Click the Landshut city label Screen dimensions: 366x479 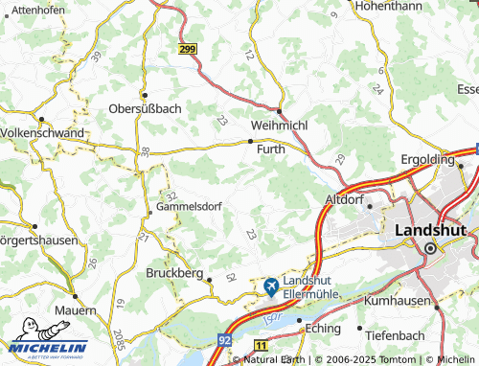(x=430, y=232)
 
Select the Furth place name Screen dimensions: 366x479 (x=270, y=149)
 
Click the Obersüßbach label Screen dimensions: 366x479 (x=144, y=108)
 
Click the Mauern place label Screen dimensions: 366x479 (x=75, y=311)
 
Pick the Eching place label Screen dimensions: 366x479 (x=324, y=328)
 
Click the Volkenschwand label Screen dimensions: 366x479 (x=42, y=132)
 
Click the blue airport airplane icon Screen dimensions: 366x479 (x=271, y=286)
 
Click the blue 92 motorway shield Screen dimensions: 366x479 (x=223, y=338)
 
